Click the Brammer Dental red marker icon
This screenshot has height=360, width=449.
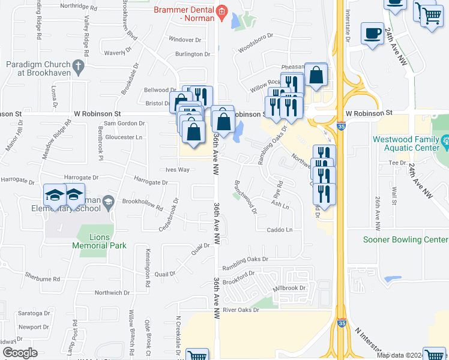click(222, 11)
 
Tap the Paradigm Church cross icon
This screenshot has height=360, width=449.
click(77, 65)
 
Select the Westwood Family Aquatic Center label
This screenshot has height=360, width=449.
click(406, 143)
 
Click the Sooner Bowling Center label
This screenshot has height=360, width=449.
click(405, 239)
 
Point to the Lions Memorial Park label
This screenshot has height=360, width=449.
click(99, 241)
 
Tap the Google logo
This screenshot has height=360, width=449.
click(20, 353)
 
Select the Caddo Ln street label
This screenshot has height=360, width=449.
click(280, 230)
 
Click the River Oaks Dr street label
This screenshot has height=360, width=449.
click(241, 310)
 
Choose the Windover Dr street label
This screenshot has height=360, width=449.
click(185, 40)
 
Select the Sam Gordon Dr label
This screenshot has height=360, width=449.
click(125, 123)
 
